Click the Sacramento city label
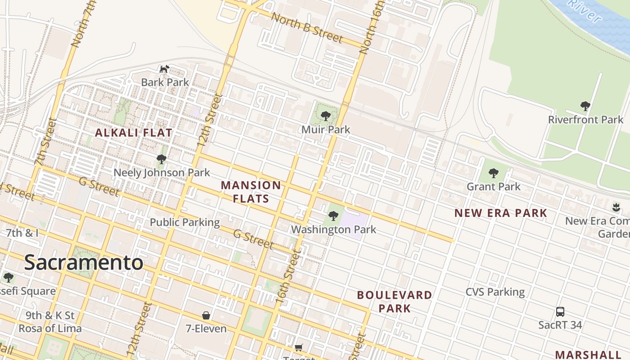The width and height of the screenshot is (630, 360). [x=84, y=263]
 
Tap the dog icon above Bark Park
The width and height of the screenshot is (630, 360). [x=164, y=69]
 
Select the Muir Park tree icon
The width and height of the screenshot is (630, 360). [x=325, y=117]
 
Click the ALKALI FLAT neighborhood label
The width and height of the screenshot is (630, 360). [x=134, y=133]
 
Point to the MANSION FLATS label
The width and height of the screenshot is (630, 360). [x=251, y=192]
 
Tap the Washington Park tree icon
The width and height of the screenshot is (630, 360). [x=333, y=216]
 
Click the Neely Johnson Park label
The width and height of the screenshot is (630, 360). [x=162, y=173]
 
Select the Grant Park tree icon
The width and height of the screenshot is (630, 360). [x=493, y=173]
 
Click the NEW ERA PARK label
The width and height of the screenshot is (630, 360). [x=501, y=213]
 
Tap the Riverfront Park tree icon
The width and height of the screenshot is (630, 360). [x=585, y=107]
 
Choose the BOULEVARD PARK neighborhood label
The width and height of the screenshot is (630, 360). [x=395, y=301]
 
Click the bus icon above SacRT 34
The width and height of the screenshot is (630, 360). [x=560, y=311]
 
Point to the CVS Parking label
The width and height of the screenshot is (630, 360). [x=495, y=292]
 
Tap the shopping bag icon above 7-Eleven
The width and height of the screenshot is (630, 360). [x=206, y=315]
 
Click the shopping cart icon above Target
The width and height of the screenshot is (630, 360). [x=298, y=347]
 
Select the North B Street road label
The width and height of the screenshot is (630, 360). [x=307, y=27]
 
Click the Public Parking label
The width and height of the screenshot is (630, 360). [x=184, y=222]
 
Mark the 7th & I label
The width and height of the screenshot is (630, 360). [x=22, y=233]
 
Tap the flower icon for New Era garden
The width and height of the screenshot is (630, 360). [x=616, y=207]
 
